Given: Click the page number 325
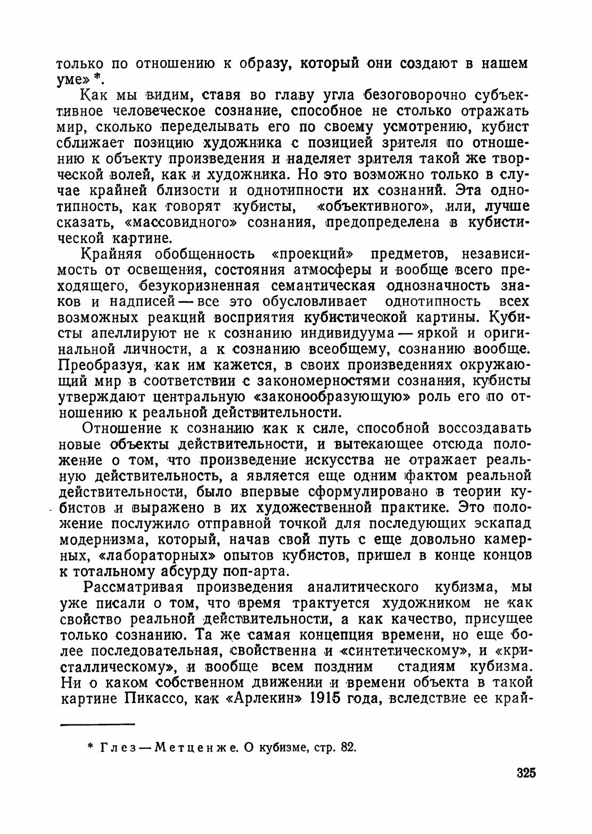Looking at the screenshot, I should (x=525, y=773).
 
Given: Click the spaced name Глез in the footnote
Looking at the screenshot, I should (x=116, y=747).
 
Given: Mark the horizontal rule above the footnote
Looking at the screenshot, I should (x=98, y=723).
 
